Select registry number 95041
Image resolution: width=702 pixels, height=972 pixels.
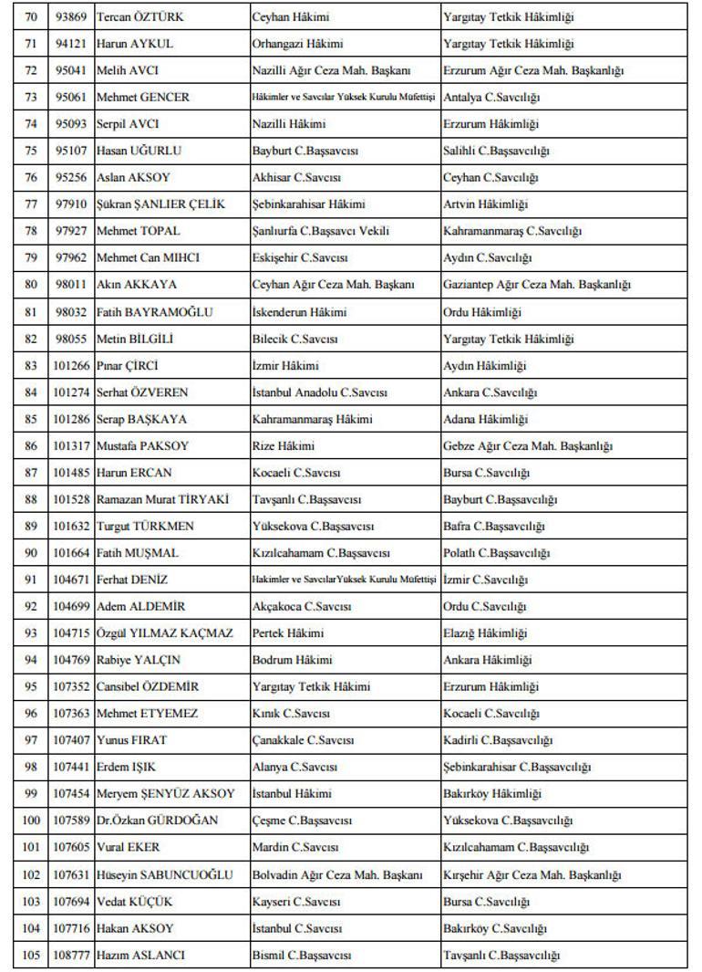70,70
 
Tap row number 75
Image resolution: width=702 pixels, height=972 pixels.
31,151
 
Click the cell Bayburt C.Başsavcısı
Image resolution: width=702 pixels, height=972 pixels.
302,151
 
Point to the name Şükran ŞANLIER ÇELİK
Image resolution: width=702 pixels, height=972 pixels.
160,204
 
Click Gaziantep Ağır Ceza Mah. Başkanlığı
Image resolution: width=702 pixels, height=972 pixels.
536,285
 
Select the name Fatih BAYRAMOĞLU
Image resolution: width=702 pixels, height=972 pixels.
154,312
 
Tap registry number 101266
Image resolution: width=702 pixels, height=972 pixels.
73,366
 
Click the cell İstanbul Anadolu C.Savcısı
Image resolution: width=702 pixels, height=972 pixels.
319,392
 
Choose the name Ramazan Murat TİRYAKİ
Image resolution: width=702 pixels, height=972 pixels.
162,500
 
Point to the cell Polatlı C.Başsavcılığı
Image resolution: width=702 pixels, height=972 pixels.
496,553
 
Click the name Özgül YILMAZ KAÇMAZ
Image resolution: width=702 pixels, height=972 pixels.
164,633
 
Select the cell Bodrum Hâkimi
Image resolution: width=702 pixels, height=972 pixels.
292,660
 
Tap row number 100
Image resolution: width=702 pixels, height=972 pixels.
31,820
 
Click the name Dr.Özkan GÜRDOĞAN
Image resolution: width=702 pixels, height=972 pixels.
157,820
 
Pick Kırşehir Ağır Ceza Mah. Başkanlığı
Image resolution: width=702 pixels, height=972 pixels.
532,874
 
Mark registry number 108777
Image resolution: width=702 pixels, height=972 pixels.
73,955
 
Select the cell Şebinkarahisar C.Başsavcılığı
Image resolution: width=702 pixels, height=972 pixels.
517,767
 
